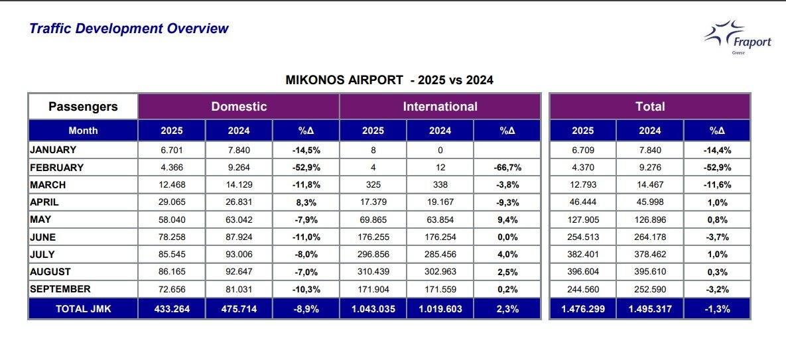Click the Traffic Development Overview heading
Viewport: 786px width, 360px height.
point(129,29)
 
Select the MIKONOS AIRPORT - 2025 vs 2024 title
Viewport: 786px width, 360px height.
point(389,80)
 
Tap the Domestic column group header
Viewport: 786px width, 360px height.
point(239,107)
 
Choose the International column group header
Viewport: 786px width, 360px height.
point(440,107)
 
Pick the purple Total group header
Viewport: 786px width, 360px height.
point(650,107)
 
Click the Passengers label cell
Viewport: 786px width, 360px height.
point(83,107)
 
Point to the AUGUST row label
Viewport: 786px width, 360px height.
point(50,272)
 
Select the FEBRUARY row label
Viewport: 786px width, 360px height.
point(57,168)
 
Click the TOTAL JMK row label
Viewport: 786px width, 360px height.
point(83,309)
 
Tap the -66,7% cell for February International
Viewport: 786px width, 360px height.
point(507,168)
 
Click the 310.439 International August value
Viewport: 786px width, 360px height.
point(373,272)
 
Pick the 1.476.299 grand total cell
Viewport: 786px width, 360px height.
point(582,309)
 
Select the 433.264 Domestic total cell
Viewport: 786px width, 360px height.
point(171,309)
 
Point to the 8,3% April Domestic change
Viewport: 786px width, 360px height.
point(306,202)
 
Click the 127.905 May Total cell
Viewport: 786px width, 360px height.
point(582,219)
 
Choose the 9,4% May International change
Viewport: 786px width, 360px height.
point(507,219)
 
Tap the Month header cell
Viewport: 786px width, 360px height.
point(83,131)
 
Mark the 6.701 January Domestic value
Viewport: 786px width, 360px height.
point(171,150)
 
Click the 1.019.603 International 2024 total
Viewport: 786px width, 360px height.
point(440,309)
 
